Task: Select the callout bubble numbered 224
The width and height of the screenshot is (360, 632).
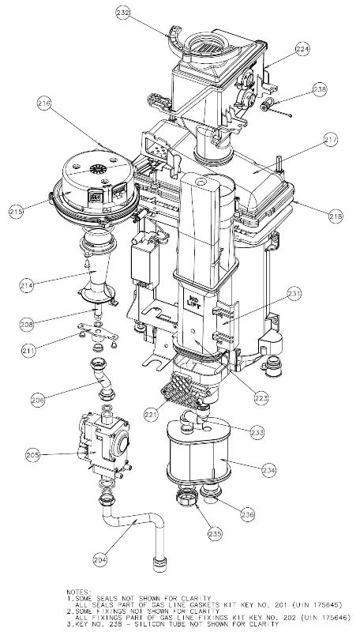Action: pyautogui.click(x=280, y=48)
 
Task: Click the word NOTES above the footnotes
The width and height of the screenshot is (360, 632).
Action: pyautogui.click(x=81, y=589)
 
